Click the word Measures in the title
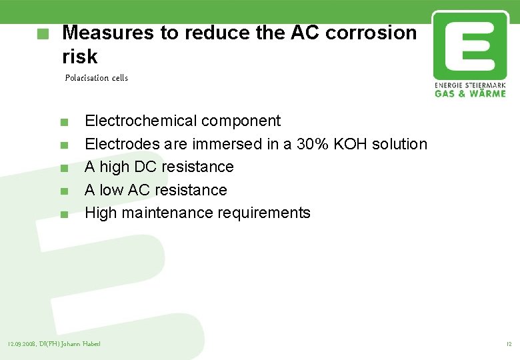tap(103, 33)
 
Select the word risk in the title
tap(79, 56)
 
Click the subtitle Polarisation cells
tap(97, 78)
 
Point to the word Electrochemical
tap(141, 121)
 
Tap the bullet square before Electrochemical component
tap(63, 122)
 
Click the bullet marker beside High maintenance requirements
tap(63, 215)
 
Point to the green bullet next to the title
tap(44, 33)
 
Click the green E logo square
tap(469, 45)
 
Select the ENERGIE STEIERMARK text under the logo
tap(469, 85)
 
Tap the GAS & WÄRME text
tap(469, 93)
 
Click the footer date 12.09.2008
tap(22, 344)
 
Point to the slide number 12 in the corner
tap(509, 344)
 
